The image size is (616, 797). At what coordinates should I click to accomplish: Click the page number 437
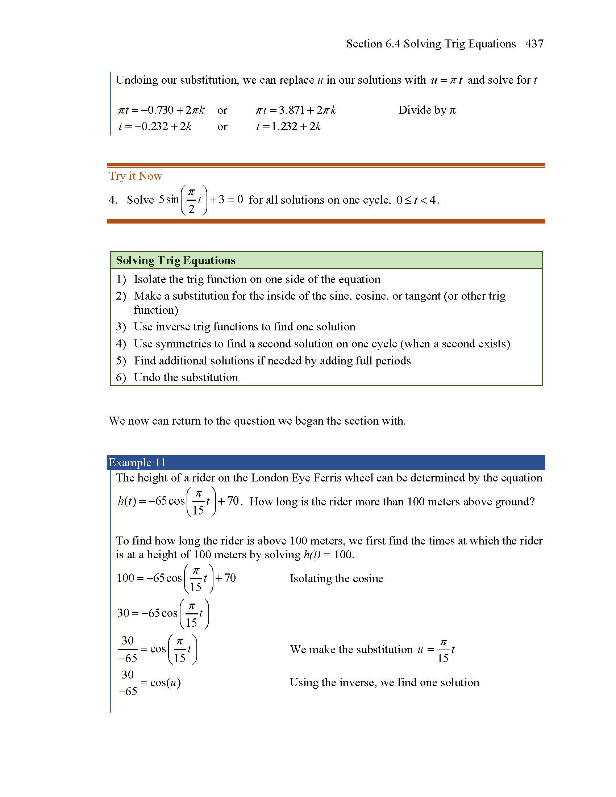[x=534, y=44]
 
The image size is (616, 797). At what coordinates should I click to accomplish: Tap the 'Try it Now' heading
[x=135, y=176]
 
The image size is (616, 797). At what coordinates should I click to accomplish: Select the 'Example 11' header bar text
[x=137, y=462]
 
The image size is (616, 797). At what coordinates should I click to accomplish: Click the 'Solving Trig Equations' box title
[x=175, y=260]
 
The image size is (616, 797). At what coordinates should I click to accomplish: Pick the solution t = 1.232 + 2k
[x=288, y=126]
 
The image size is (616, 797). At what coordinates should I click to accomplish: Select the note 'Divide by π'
[x=426, y=110]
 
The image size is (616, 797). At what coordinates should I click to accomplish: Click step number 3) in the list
[x=121, y=327]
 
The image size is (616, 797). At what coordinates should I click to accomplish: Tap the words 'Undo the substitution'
[x=186, y=377]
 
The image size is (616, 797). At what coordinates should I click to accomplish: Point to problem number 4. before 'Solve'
[x=113, y=200]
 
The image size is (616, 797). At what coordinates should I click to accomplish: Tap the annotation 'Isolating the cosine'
[x=336, y=579]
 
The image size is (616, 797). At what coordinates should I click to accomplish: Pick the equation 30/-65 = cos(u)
[x=149, y=683]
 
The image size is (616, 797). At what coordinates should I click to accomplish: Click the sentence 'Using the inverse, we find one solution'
[x=384, y=683]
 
